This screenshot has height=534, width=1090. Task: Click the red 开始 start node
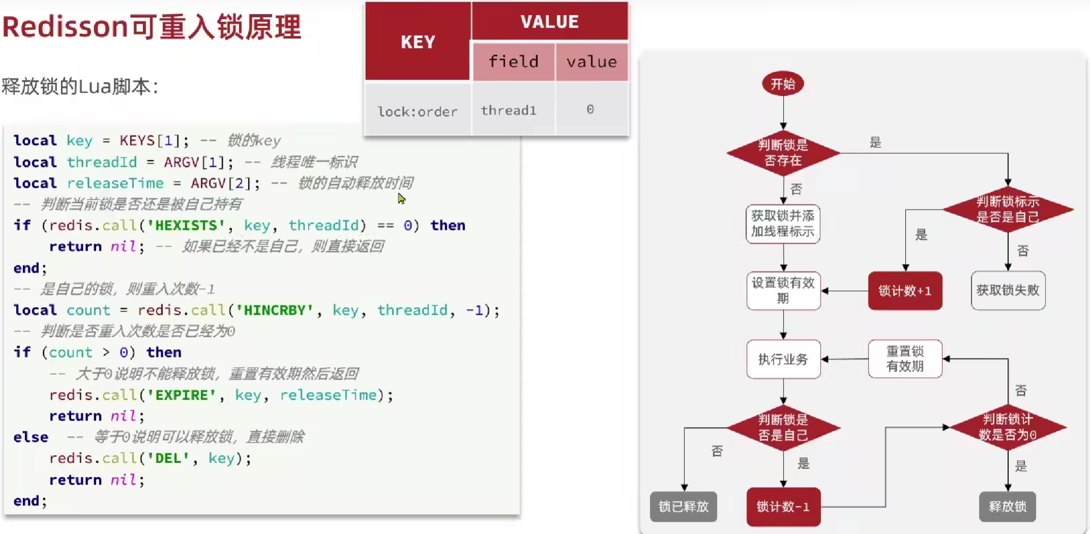(x=783, y=84)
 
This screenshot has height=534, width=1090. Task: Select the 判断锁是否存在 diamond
(x=783, y=153)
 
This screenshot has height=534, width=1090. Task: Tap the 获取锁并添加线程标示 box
(x=783, y=224)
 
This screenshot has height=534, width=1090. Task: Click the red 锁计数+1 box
(x=905, y=291)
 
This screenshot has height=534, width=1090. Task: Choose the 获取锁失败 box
(x=1008, y=290)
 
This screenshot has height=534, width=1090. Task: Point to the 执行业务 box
(x=783, y=359)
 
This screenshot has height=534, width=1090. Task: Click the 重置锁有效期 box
(x=905, y=359)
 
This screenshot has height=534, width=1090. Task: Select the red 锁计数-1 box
(x=783, y=507)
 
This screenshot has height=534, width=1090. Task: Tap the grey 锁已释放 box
(x=683, y=507)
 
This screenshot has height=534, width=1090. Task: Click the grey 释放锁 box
(x=1007, y=507)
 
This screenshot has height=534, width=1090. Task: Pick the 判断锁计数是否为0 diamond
(x=1008, y=427)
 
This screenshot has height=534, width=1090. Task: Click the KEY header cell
(x=418, y=42)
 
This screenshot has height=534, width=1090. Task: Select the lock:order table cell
(x=418, y=111)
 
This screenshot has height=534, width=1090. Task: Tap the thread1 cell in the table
(x=509, y=110)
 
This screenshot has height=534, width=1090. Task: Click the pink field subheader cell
(x=513, y=62)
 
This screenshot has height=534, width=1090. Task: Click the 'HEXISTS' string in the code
(x=186, y=225)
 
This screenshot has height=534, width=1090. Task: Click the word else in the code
(x=31, y=437)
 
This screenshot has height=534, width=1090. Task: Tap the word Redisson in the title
(x=65, y=26)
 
